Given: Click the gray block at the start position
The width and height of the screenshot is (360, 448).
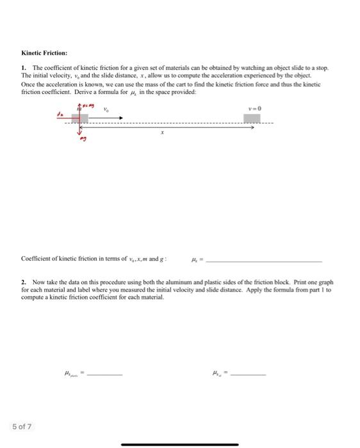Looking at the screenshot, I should [80, 118].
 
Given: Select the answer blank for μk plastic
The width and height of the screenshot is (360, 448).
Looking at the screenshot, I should [104, 374].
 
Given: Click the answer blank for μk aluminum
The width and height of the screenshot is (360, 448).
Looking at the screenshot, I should [247, 374].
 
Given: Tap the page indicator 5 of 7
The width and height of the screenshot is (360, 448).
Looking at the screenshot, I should [21, 426].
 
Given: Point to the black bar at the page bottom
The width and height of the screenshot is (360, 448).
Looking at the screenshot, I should [179, 444].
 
